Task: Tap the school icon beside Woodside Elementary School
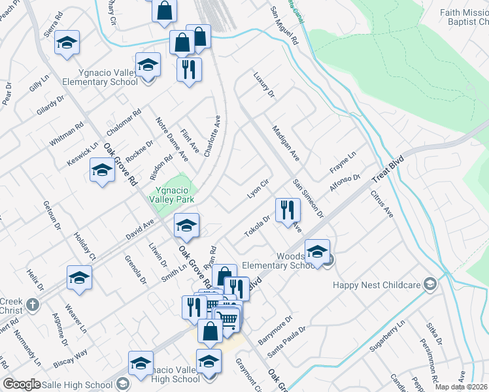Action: [x=317, y=251]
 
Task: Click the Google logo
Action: [x=22, y=384]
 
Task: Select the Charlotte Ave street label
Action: [x=212, y=136]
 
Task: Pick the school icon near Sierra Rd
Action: [x=67, y=42]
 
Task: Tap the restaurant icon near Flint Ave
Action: [x=189, y=69]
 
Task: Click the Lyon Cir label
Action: [x=258, y=189]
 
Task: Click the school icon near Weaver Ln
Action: [x=79, y=278]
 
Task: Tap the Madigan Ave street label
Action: [x=286, y=144]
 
